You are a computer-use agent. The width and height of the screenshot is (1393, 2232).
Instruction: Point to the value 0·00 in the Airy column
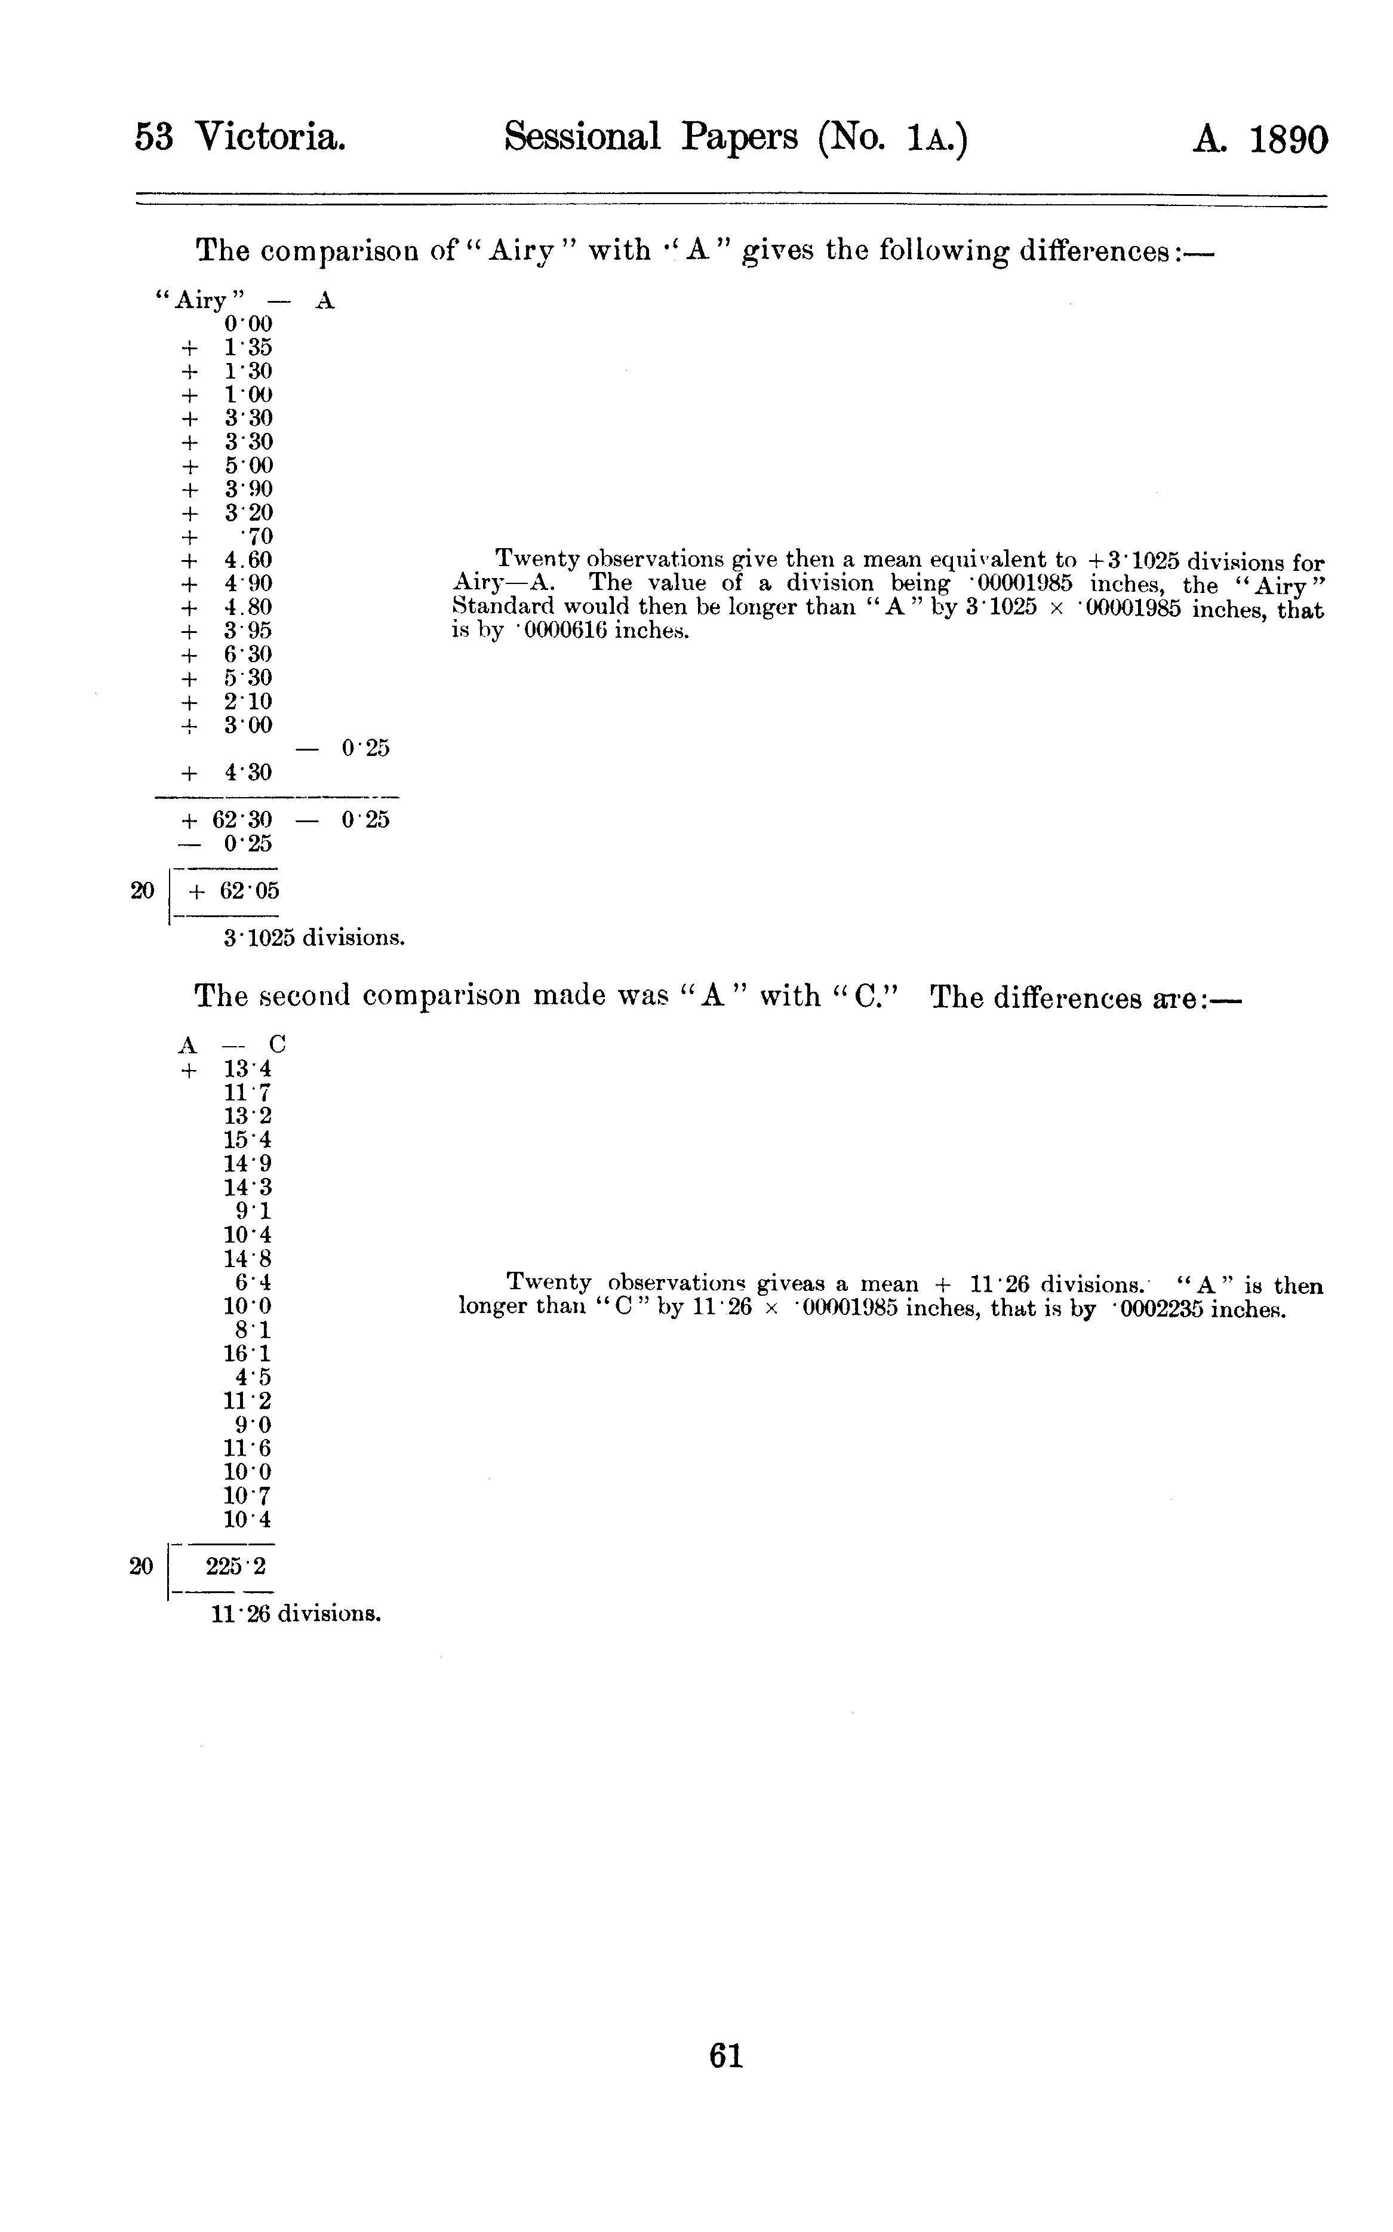click(x=248, y=324)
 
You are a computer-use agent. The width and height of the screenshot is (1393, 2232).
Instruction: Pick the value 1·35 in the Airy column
click(x=248, y=348)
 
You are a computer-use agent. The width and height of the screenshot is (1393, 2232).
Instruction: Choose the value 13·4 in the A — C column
click(x=247, y=1069)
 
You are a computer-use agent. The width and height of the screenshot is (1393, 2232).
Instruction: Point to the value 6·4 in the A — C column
click(x=253, y=1282)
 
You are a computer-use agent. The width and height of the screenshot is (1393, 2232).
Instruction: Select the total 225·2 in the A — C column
click(x=236, y=1566)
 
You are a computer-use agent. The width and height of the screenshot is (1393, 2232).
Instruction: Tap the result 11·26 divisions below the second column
click(x=296, y=1614)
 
